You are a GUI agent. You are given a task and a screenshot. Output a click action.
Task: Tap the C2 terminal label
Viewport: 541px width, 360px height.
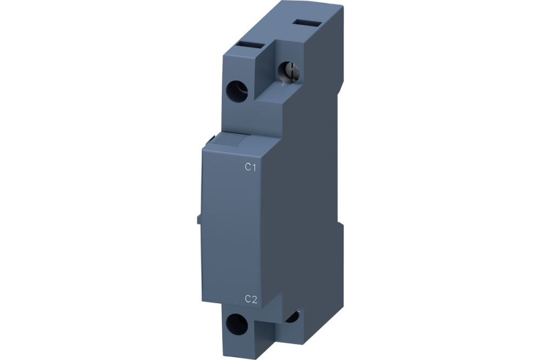point(250,299)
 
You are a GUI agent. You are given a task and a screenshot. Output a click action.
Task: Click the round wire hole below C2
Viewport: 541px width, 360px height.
point(236,324)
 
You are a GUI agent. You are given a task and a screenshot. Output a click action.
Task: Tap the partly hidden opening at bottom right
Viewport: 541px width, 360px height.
point(295,317)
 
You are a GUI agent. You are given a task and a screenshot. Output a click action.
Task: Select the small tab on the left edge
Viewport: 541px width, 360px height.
point(200,219)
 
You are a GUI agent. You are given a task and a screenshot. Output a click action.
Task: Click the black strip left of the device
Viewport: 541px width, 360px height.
point(97,180)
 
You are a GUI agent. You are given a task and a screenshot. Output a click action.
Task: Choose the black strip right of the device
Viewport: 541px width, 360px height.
point(444,180)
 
